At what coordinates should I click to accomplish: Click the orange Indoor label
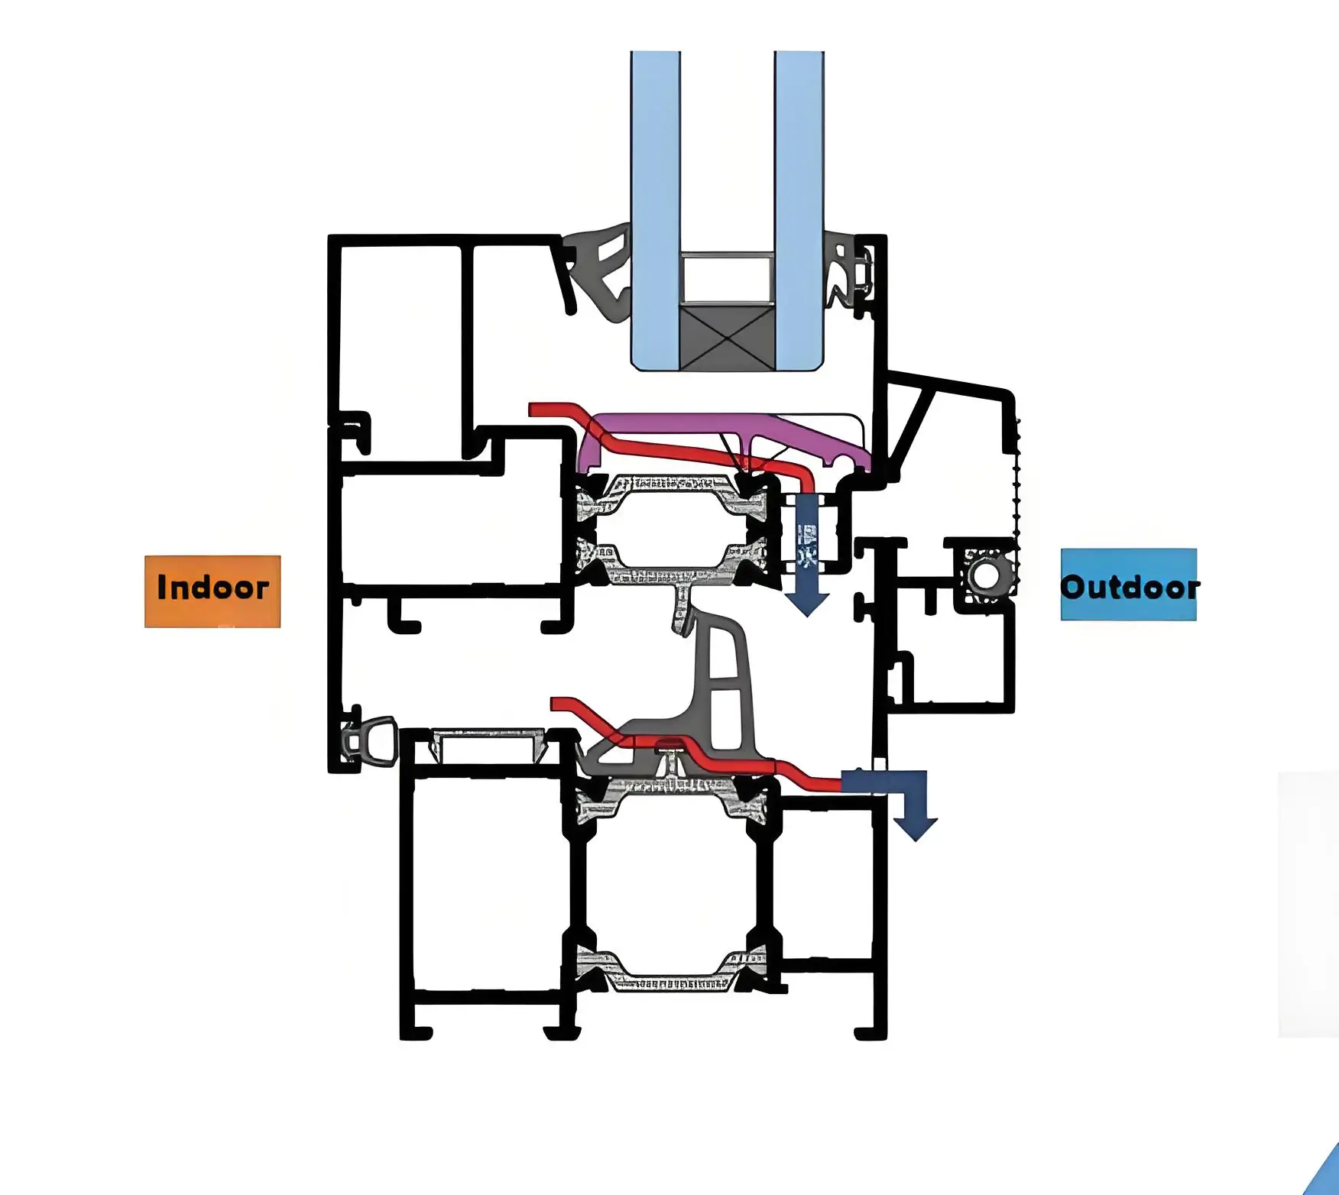pos(212,591)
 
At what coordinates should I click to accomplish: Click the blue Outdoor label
pos(1128,585)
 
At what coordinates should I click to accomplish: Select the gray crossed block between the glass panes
pos(727,338)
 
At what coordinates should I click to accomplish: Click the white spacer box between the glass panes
pos(727,278)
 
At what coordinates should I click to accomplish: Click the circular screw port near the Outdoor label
pos(987,577)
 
